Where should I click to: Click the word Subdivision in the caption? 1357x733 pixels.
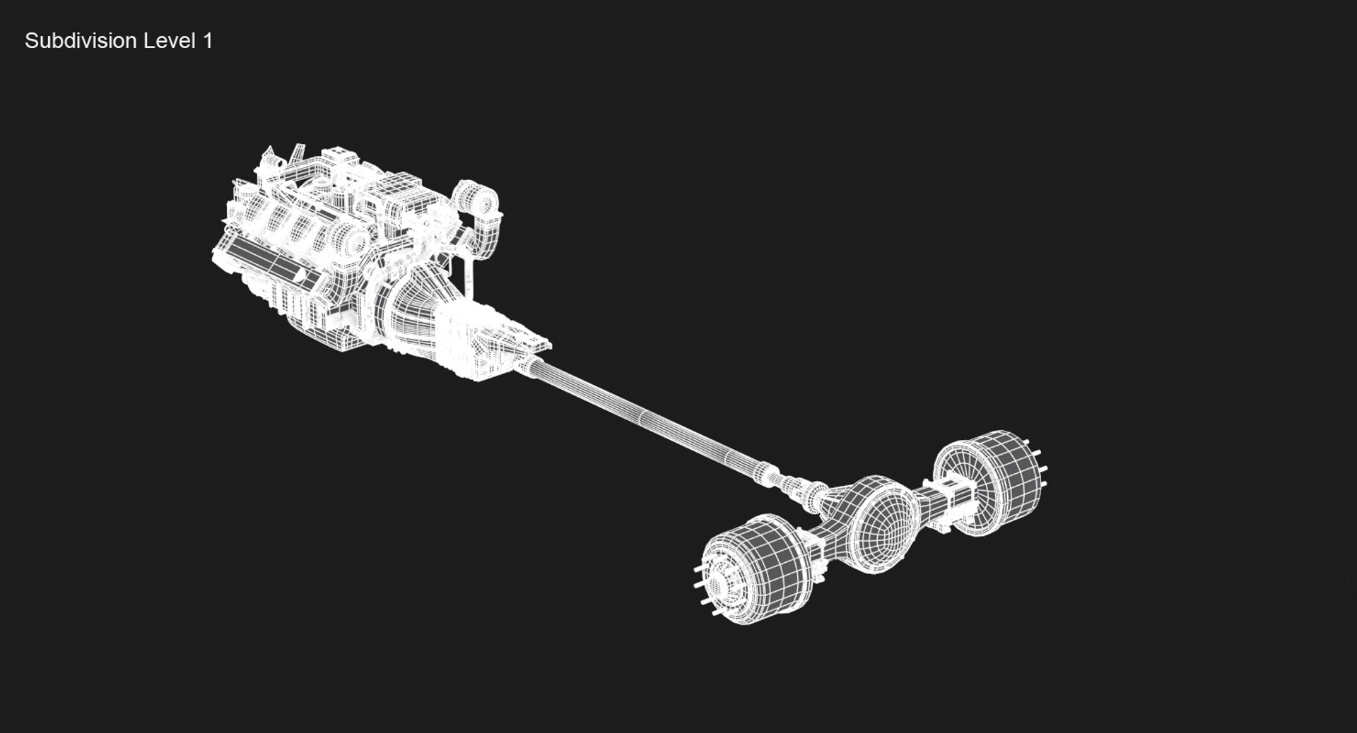pyautogui.click(x=81, y=41)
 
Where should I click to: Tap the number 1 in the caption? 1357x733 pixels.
pyautogui.click(x=207, y=41)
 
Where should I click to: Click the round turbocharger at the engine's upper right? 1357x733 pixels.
pyautogui.click(x=475, y=198)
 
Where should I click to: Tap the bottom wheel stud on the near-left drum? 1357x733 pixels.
pyautogui.click(x=718, y=613)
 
